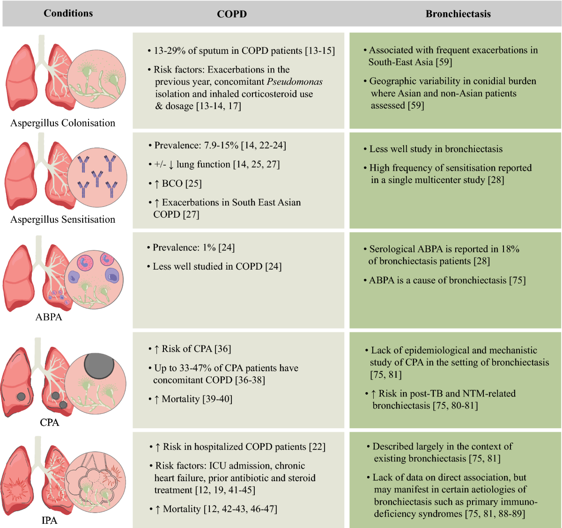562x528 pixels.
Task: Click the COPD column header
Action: click(x=232, y=14)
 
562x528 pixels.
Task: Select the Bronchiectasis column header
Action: click(x=458, y=14)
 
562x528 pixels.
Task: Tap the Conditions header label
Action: click(x=68, y=13)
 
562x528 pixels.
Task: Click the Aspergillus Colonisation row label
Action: click(x=63, y=123)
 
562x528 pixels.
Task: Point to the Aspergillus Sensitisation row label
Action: click(x=63, y=220)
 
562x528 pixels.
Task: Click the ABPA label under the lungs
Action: click(x=49, y=317)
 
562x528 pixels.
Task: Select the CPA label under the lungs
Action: click(x=50, y=422)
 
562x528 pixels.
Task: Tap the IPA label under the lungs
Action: click(x=49, y=520)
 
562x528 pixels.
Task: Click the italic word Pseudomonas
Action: click(x=295, y=82)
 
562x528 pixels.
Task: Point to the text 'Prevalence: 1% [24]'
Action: click(x=193, y=248)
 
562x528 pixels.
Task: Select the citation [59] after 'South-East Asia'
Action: click(x=444, y=62)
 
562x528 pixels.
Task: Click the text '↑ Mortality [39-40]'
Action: click(x=193, y=399)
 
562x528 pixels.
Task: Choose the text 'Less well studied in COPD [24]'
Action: click(x=217, y=266)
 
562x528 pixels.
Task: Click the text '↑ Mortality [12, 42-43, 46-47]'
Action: click(x=216, y=509)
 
